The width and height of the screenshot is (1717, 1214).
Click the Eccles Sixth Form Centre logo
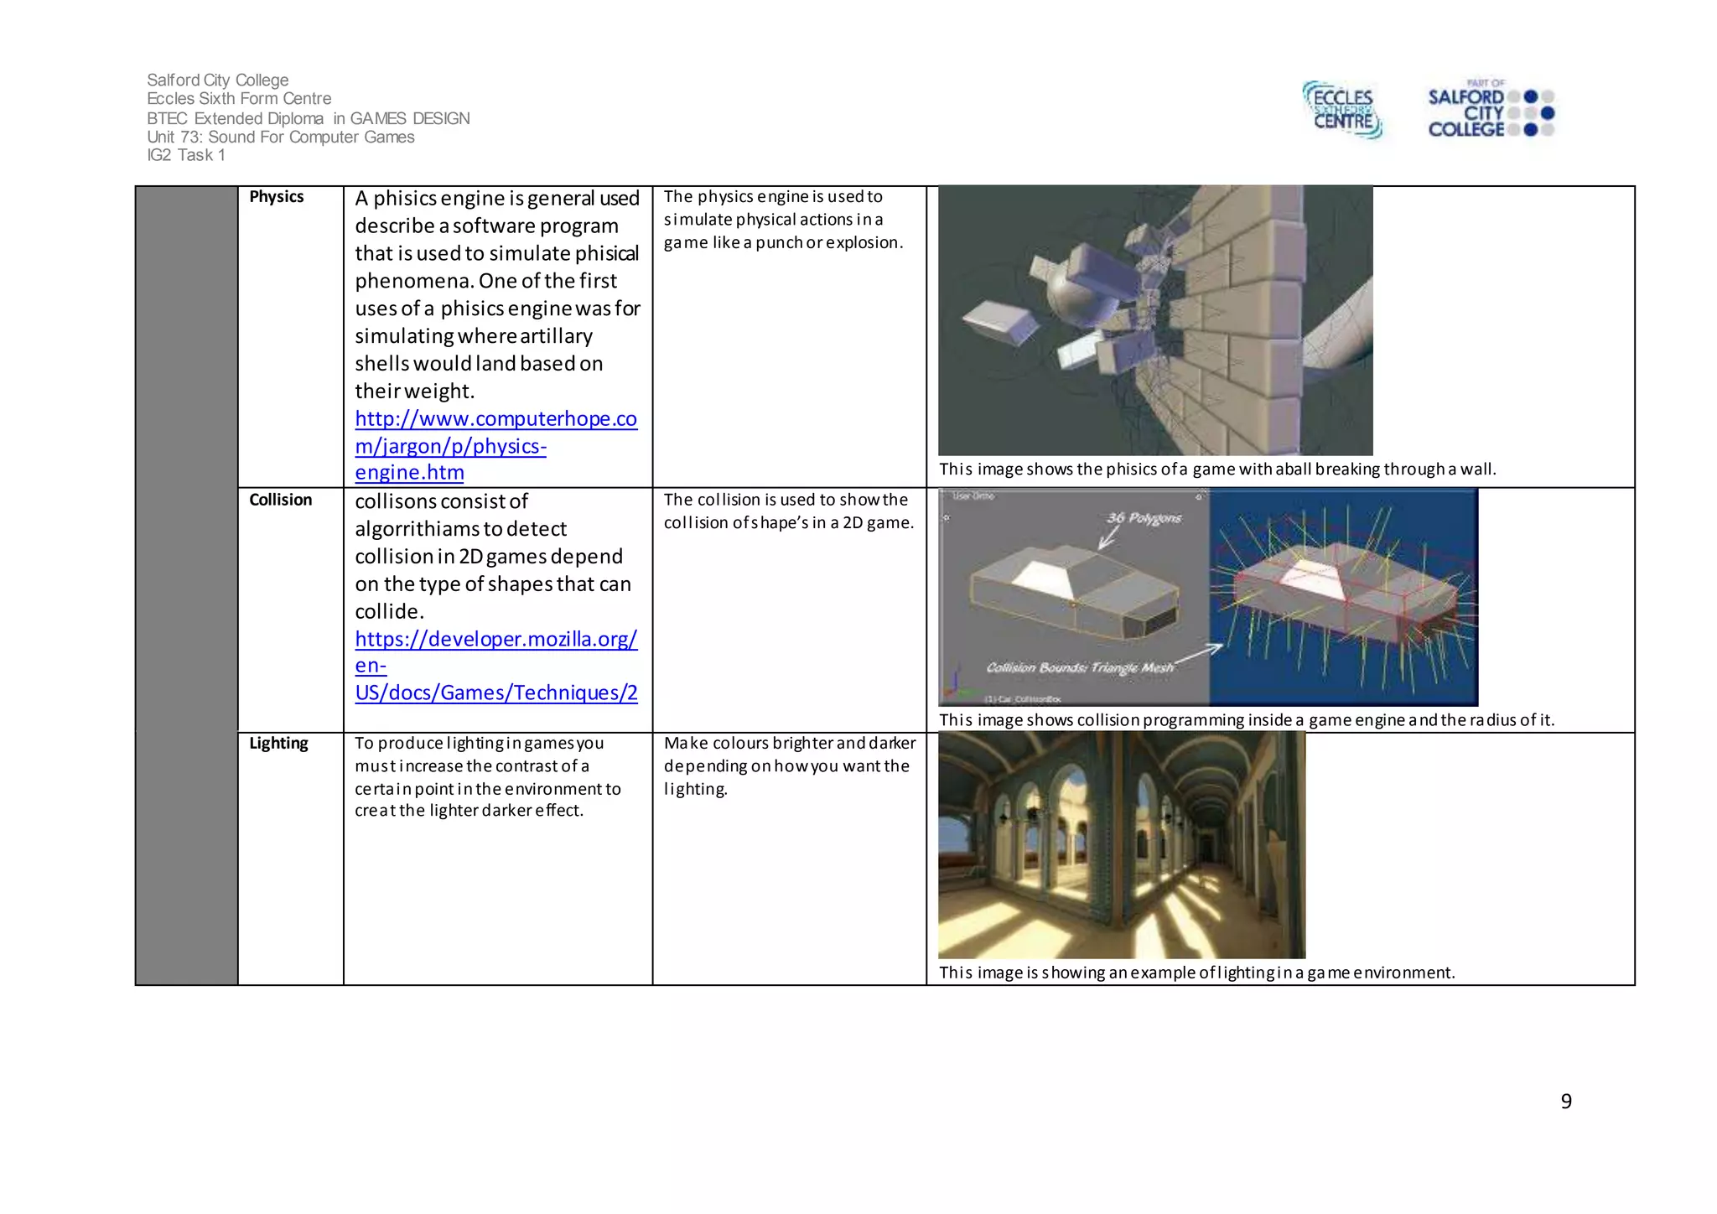tap(1342, 109)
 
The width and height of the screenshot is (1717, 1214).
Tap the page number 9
tap(1565, 1101)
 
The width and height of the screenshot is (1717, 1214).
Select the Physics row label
tap(276, 197)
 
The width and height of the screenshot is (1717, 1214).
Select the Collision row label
tap(280, 500)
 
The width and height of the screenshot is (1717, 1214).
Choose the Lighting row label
tap(278, 744)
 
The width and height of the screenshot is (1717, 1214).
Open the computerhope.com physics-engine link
tap(495, 445)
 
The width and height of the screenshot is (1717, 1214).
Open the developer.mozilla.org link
tap(495, 666)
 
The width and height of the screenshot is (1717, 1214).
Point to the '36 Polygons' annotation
tap(1144, 518)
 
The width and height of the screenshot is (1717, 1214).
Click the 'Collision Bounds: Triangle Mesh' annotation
tap(1079, 667)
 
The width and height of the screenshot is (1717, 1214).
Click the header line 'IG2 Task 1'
tap(186, 155)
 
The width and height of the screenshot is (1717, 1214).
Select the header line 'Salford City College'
tap(218, 80)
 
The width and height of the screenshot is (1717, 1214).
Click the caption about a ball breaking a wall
tap(1216, 470)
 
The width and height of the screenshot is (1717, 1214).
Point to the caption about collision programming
tap(1246, 720)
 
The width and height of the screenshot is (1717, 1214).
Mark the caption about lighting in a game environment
tap(1196, 973)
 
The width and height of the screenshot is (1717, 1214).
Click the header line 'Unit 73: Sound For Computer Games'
tap(281, 137)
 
